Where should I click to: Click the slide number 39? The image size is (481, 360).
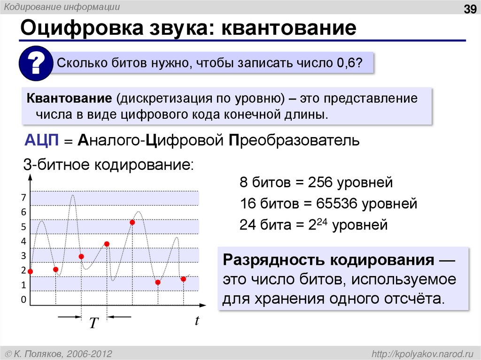[470, 9]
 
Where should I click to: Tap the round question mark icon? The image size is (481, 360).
[35, 64]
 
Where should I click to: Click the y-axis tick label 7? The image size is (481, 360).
[23, 198]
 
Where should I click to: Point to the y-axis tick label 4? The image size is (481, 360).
[23, 242]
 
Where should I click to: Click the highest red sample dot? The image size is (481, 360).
[132, 222]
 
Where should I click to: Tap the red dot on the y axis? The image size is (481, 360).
[31, 271]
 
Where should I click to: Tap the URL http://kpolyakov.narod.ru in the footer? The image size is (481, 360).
[423, 353]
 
